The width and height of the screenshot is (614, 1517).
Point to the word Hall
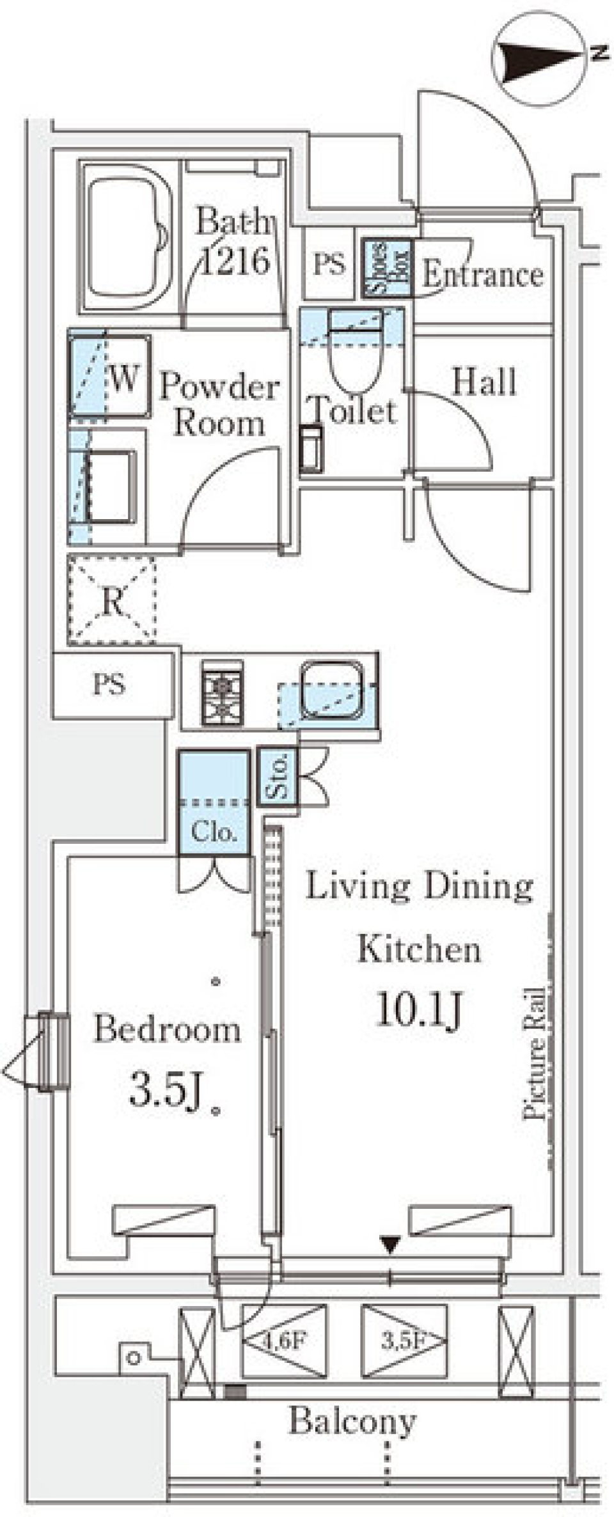(484, 382)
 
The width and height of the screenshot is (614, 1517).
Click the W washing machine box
(110, 375)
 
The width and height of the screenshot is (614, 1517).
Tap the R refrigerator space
(112, 600)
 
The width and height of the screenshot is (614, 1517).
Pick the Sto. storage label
(278, 775)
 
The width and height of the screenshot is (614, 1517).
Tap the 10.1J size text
(419, 1008)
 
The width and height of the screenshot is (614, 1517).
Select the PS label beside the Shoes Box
(329, 263)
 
